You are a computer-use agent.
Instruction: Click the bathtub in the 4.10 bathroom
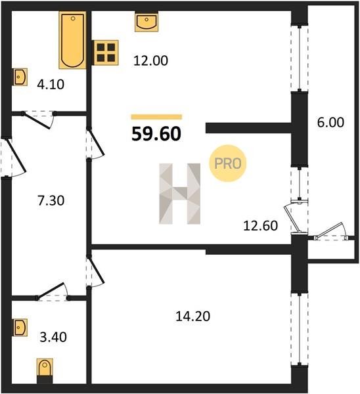72,40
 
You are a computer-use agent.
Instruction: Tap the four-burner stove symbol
106,53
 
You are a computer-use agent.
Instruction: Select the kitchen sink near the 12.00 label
146,22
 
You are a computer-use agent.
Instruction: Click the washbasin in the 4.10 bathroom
20,77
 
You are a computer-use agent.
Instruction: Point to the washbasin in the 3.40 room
20,327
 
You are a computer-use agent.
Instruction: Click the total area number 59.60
156,134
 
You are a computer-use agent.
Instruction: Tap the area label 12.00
150,61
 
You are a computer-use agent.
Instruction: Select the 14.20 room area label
193,317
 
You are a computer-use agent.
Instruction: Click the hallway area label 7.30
51,201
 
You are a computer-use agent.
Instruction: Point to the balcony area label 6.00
330,123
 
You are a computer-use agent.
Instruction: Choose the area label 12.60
260,226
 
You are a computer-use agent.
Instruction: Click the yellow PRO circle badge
228,164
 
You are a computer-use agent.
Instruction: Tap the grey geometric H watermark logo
180,194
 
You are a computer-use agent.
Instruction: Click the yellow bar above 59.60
156,117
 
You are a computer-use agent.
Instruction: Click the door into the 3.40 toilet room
53,292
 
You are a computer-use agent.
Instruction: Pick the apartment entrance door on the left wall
13,158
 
